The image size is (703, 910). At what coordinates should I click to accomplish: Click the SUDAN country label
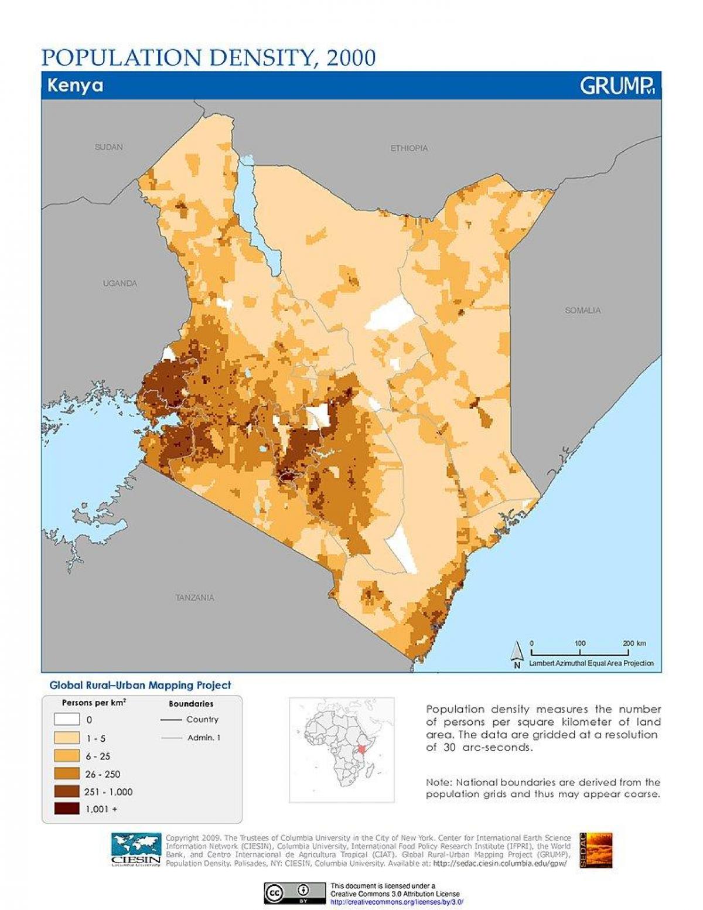[109, 147]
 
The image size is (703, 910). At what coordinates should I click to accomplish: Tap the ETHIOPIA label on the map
[409, 148]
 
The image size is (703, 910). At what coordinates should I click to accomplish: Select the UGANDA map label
[120, 283]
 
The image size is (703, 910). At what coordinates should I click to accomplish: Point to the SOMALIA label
[583, 310]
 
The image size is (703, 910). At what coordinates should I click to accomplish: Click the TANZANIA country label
[194, 598]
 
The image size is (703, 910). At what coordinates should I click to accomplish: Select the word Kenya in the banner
[75, 86]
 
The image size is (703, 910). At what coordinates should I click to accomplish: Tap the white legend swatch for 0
[66, 719]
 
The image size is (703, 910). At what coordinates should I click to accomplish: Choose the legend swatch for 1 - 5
[66, 738]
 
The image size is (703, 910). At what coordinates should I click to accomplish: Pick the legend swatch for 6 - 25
[66, 756]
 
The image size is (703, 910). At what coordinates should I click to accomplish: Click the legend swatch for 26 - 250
[66, 773]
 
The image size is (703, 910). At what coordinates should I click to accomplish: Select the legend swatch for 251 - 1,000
[66, 792]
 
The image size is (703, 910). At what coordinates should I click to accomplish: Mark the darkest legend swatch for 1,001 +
[66, 809]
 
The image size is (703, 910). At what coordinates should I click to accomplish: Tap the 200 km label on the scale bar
[634, 643]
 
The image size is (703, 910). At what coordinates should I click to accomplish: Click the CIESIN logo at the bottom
[136, 849]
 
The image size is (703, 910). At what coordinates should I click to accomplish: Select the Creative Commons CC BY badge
[295, 894]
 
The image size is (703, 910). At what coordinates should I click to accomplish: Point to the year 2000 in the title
[351, 57]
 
